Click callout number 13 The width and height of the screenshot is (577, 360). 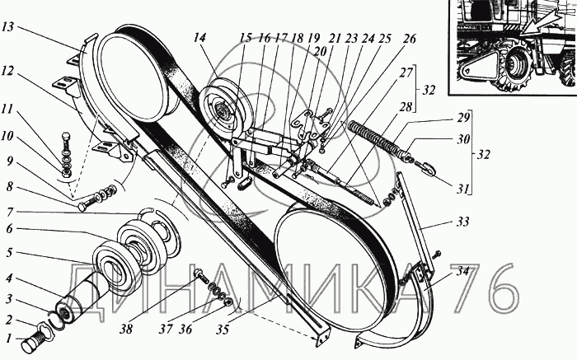pyautogui.click(x=9, y=27)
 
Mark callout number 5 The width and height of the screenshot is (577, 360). pyautogui.click(x=10, y=253)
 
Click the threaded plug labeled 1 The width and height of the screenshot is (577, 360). pyautogui.click(x=35, y=338)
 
